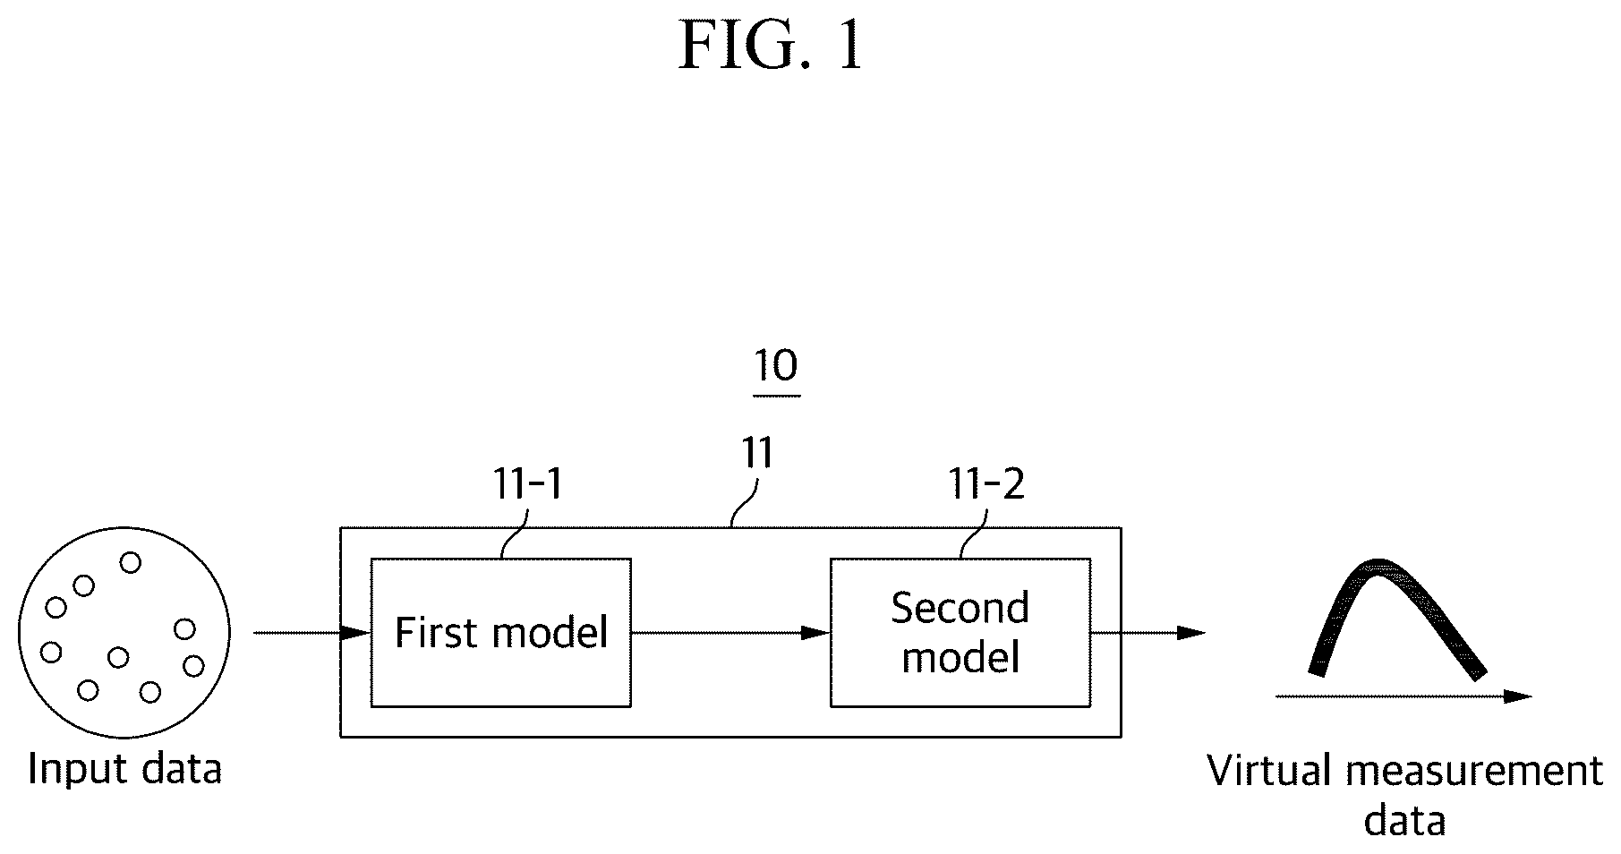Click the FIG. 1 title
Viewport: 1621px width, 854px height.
(x=772, y=46)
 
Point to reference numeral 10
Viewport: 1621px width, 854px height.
(x=776, y=365)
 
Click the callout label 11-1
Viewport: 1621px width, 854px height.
(x=528, y=484)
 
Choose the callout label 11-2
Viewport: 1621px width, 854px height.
(x=986, y=484)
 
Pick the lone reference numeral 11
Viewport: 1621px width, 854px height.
(x=756, y=454)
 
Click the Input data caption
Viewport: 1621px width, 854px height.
(x=125, y=769)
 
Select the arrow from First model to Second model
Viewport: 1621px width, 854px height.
(x=731, y=633)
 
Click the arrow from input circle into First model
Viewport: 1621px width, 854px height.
(x=312, y=633)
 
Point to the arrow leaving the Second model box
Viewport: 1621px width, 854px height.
(x=1148, y=633)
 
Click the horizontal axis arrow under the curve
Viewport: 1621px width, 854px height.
(x=1403, y=696)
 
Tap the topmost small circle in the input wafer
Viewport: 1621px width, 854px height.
(x=131, y=562)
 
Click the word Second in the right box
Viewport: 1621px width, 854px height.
(x=960, y=609)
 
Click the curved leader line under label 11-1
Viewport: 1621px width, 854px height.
(x=514, y=534)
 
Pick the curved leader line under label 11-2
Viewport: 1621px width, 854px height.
(x=973, y=534)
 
